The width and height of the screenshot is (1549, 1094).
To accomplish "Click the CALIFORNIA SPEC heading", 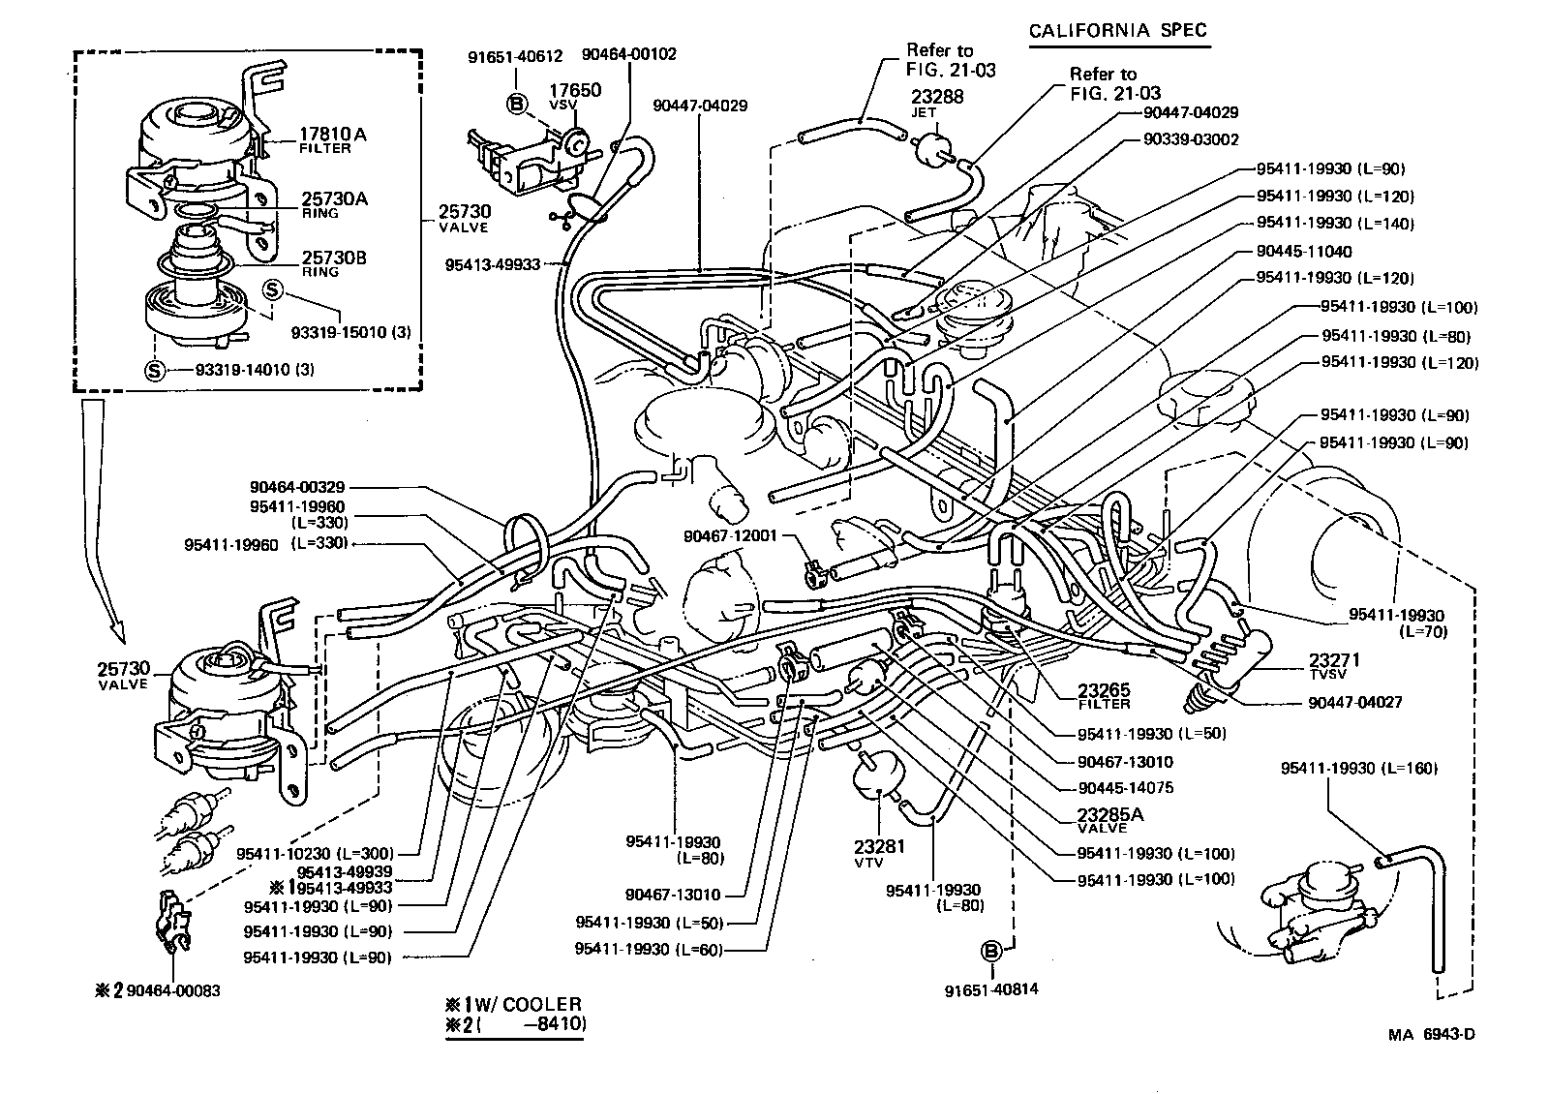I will coord(1117,30).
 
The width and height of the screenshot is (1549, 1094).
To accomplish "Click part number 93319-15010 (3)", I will coord(350,332).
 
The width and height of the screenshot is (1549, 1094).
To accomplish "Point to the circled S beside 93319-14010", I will coord(155,369).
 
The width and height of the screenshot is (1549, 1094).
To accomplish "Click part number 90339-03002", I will coord(1190,139).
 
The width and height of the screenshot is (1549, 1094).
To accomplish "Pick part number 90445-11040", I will coord(1303,251).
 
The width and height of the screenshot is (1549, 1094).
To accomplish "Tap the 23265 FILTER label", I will coord(1104,696).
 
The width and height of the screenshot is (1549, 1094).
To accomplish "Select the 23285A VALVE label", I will coord(1109,818).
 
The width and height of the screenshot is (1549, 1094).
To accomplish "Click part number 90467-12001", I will coord(730,535).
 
